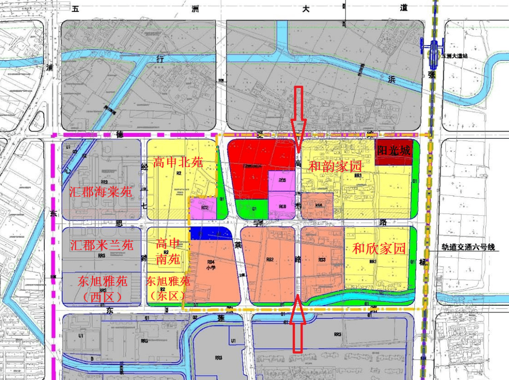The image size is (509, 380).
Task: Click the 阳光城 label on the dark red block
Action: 394,150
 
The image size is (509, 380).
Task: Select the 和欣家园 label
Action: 379,249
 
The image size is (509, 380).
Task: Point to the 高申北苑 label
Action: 178,163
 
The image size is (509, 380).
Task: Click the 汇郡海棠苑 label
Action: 101,192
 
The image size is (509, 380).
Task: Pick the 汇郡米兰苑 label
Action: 102,245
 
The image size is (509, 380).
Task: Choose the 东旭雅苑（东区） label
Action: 167,288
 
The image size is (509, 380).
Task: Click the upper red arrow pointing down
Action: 298,118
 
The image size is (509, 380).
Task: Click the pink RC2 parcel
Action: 203,208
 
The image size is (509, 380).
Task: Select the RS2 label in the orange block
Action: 270,260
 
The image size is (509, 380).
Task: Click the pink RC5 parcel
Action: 282,181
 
